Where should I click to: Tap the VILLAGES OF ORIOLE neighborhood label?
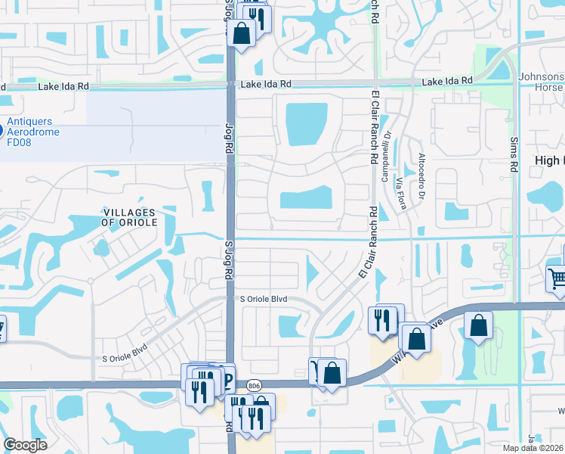tap(128, 217)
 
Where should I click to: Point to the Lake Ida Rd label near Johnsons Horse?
tap(447, 81)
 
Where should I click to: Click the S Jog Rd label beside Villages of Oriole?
tap(227, 257)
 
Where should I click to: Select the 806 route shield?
tap(255, 384)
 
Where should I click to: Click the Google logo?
tap(26, 445)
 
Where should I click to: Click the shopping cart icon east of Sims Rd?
tap(557, 278)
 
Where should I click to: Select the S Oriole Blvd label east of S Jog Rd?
tap(264, 300)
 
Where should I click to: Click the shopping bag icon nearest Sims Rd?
tap(479, 326)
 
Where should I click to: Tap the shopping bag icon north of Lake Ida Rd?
tap(242, 34)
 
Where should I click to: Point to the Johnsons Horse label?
tap(542, 82)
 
